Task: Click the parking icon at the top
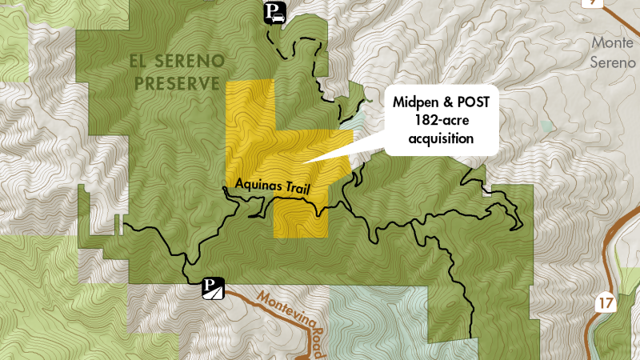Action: [275, 12]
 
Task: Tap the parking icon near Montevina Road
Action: [212, 287]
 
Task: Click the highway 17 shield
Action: [604, 302]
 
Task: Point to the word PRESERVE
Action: [175, 82]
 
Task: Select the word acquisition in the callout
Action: [442, 139]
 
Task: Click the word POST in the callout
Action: [478, 102]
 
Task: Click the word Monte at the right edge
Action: [613, 42]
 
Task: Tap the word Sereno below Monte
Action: [613, 62]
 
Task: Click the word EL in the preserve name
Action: [143, 62]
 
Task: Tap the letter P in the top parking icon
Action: [273, 9]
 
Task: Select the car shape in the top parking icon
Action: [278, 17]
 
